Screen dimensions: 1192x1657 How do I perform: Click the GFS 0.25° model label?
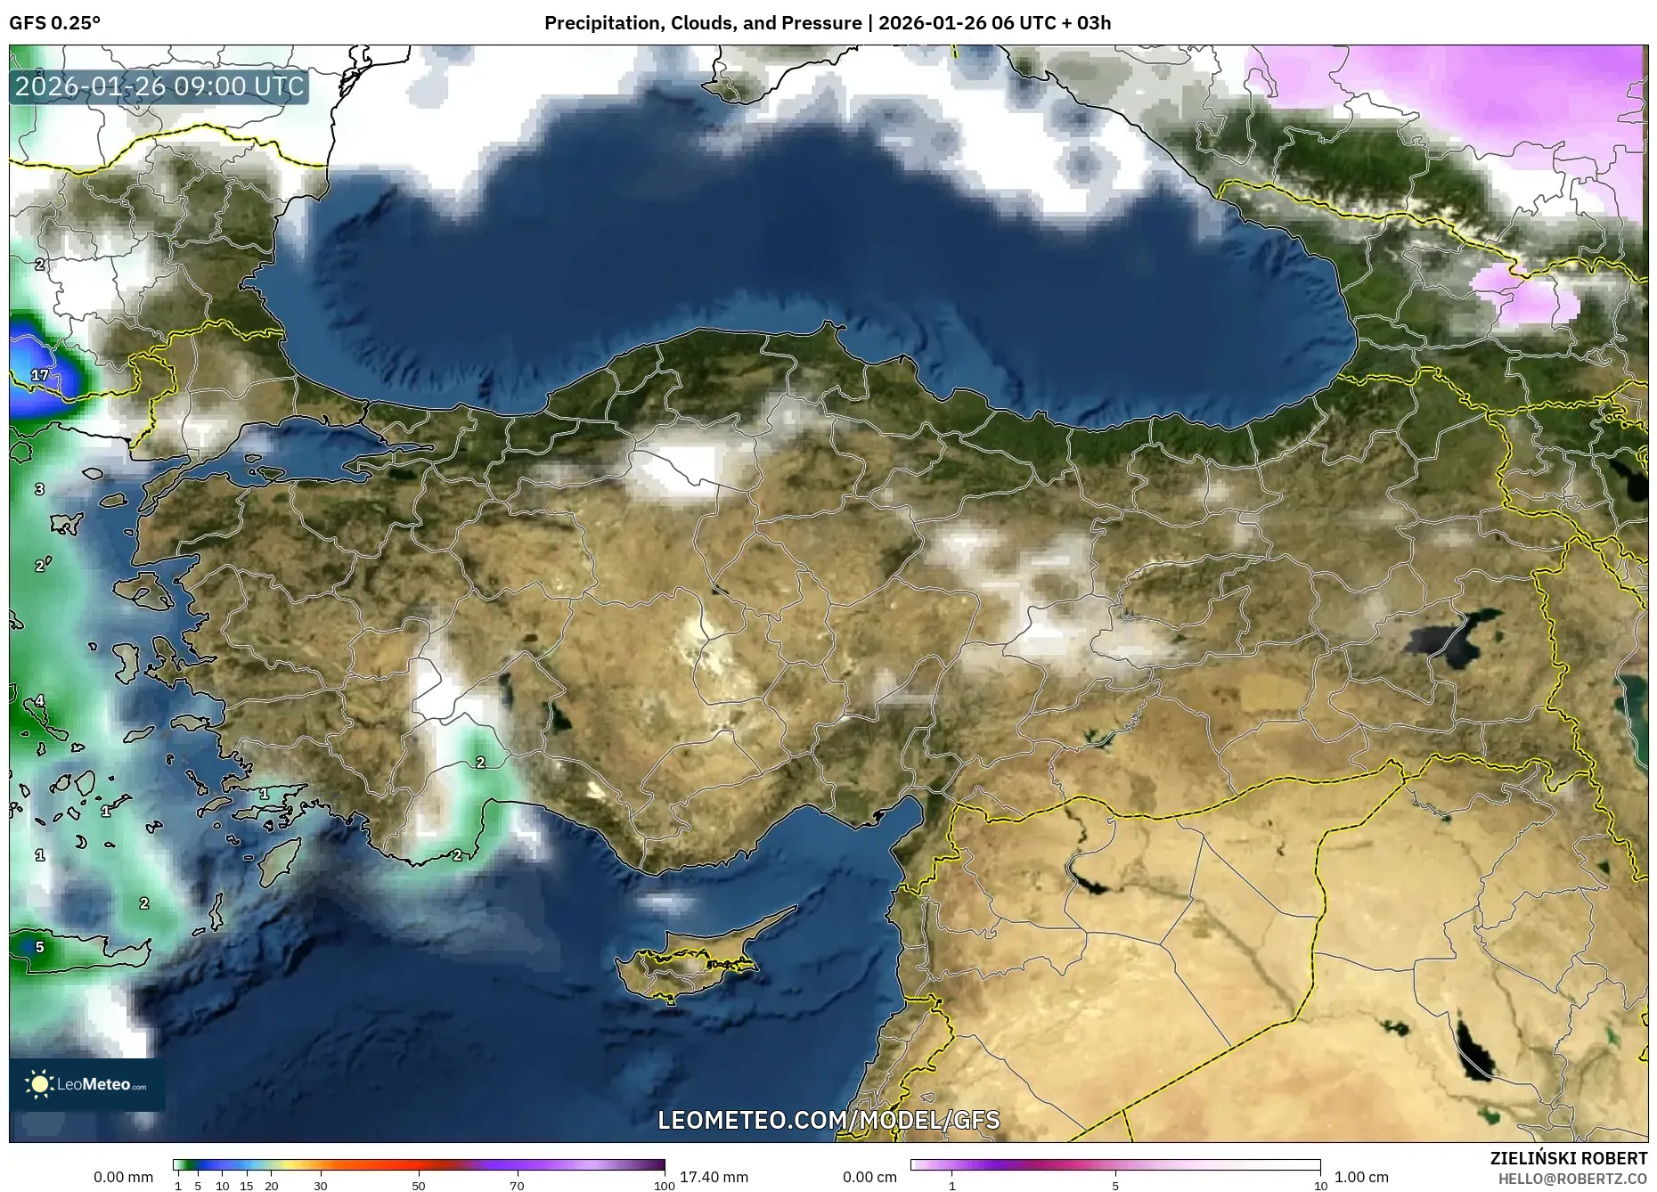pos(54,23)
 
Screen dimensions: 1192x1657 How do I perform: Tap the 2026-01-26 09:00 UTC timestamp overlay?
pos(159,86)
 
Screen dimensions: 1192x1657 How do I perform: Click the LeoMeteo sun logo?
pos(39,1084)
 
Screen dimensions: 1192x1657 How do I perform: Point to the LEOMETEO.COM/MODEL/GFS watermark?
pos(828,1120)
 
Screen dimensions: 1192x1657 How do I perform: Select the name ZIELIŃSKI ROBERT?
pos(1568,1158)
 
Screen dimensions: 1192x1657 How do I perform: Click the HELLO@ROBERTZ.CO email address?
pos(1571,1179)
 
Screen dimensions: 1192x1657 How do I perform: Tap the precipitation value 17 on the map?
pos(40,375)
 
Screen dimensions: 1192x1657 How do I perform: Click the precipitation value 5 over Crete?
pos(39,947)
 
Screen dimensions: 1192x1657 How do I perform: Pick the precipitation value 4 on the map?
pos(39,702)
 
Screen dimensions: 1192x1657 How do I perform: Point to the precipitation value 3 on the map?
pos(39,489)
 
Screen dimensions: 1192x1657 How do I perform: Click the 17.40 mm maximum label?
pos(714,1177)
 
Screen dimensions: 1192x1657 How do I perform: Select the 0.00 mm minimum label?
pos(123,1177)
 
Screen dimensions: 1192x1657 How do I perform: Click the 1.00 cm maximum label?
pos(1361,1177)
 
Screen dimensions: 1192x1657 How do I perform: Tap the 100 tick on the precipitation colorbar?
pos(664,1186)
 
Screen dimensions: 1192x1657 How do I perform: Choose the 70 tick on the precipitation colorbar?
pos(517,1186)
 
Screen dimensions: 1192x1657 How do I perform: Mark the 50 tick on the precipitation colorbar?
pos(419,1186)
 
